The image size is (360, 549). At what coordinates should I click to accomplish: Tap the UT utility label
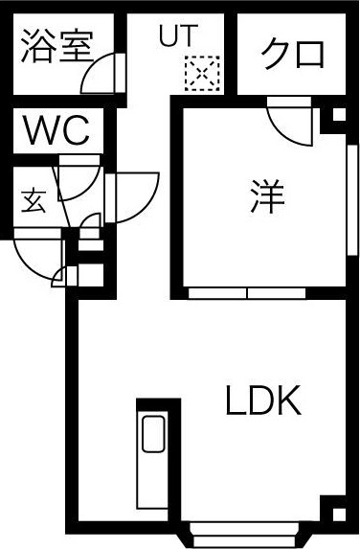pos(177,37)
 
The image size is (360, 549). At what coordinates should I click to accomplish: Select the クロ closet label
pos(293,53)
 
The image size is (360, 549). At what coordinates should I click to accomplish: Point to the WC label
pos(56,130)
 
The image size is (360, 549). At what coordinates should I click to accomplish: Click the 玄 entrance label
pos(33,202)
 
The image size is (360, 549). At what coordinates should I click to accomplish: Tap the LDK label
pos(263,400)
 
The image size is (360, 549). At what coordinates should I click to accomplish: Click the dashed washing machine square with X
pos(203,74)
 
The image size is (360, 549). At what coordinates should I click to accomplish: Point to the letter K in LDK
pos(288,400)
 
